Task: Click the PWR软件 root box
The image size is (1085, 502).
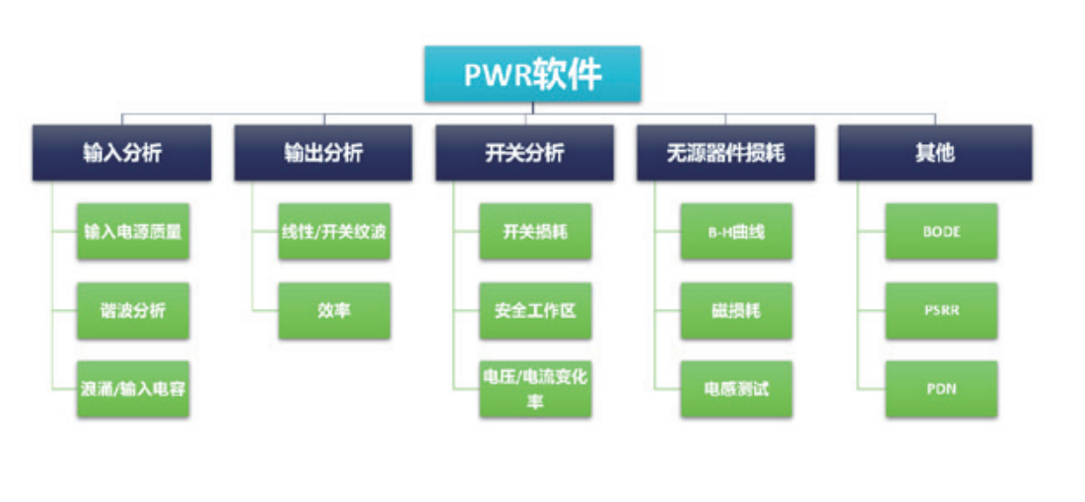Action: pos(532,74)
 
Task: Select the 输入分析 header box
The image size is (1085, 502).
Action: pos(121,153)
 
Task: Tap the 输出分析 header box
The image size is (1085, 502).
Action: pos(322,153)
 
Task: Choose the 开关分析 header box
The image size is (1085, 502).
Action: pos(524,153)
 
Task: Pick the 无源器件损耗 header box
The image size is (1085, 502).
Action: pos(725,153)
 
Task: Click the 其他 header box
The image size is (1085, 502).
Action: pos(934,153)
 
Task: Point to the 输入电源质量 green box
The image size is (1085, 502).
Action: pos(132,232)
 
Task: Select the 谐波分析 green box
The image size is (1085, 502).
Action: pos(132,311)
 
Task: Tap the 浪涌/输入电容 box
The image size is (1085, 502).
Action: pos(132,389)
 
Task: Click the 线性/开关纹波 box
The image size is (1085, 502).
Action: pos(333,232)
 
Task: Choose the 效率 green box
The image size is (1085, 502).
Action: pos(333,311)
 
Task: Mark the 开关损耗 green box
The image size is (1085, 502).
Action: pos(535,232)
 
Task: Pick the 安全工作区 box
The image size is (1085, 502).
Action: pos(535,311)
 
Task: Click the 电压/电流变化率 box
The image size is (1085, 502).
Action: pos(535,389)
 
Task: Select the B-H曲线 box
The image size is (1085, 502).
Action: pos(736,232)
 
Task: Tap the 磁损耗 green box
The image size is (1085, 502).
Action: pos(736,311)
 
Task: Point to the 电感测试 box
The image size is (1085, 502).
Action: pos(736,389)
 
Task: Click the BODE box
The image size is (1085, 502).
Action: pos(941,232)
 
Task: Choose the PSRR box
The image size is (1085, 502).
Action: pos(941,311)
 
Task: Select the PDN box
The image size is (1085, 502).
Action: pos(941,389)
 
